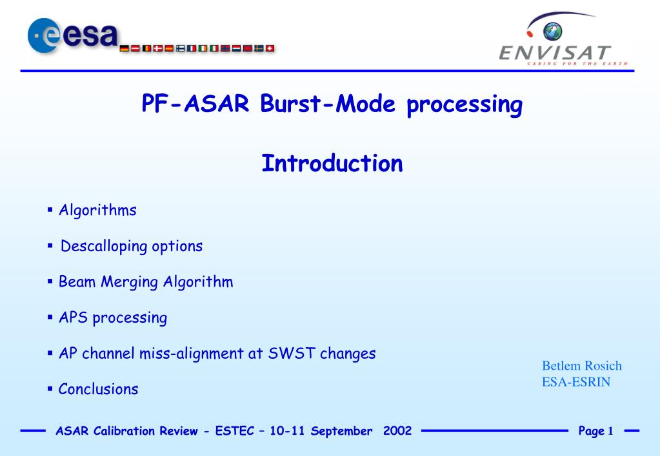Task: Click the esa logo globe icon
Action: (44, 35)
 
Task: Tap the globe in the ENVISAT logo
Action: (553, 31)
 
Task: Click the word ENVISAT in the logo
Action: (555, 53)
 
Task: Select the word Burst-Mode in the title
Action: (328, 104)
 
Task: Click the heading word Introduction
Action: (332, 163)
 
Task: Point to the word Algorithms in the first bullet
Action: (97, 210)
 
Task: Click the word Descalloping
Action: (104, 246)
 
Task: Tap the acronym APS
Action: (74, 318)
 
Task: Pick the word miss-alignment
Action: (192, 354)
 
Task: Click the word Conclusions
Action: (98, 389)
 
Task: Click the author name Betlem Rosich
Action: (582, 366)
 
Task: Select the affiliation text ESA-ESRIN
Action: (576, 382)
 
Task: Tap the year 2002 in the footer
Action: (397, 430)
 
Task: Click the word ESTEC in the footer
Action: (235, 431)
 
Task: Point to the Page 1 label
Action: (595, 431)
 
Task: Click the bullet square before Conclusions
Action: (50, 389)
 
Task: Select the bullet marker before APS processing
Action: (50, 317)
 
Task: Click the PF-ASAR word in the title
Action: (195, 104)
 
